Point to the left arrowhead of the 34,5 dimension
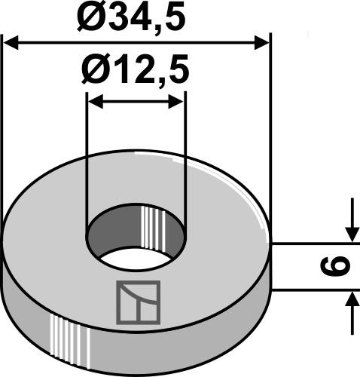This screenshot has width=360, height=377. click(x=11, y=42)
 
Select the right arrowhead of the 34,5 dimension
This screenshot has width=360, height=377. click(x=262, y=42)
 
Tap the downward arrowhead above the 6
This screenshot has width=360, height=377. click(x=351, y=235)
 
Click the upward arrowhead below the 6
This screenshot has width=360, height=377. click(x=351, y=300)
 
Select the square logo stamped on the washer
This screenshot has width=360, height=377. click(x=138, y=301)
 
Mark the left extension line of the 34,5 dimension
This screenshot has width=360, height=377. click(x=3, y=113)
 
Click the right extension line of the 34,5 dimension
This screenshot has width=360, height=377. click(x=269, y=113)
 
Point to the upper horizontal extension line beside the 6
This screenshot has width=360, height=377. click(x=309, y=244)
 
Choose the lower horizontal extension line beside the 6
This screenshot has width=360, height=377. click(x=309, y=291)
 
